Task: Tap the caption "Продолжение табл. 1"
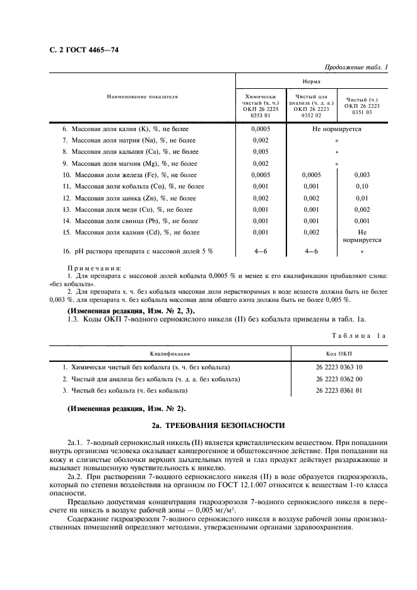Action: coord(357,67)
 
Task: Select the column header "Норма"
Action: coord(311,81)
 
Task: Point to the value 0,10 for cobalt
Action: coord(361,187)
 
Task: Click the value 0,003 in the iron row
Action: coord(361,175)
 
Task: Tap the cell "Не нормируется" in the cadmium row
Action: coord(361,236)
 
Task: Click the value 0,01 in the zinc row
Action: coord(361,198)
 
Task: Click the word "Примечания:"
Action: coord(94,268)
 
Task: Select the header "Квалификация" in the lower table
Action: coord(170,355)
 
